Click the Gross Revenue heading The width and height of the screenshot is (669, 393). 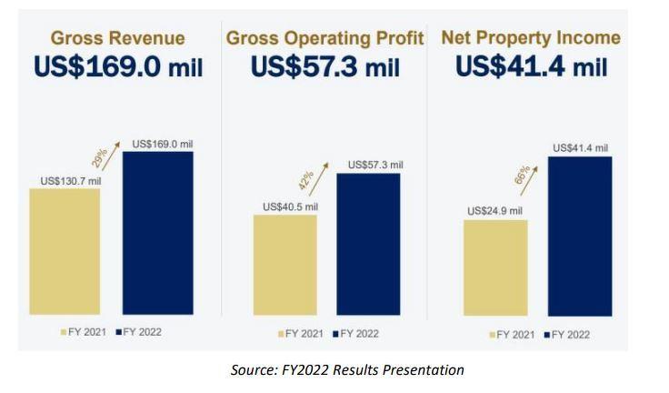[x=117, y=38]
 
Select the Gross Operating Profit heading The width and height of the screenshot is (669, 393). [x=325, y=38]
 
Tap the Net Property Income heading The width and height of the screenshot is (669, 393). [x=531, y=38]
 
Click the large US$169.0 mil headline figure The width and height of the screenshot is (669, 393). [x=118, y=67]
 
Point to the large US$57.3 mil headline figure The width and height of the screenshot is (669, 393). [x=325, y=67]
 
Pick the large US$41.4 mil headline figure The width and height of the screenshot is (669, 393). [x=531, y=67]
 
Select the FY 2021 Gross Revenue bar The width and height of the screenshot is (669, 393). [x=65, y=251]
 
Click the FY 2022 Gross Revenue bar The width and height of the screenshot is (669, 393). [x=157, y=233]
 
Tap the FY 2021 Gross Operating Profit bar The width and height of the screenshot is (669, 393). [x=285, y=265]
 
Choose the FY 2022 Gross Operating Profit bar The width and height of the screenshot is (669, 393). [x=368, y=244]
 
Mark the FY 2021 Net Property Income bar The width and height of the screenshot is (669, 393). [x=495, y=267]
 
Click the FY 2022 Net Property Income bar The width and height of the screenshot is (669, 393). [x=580, y=237]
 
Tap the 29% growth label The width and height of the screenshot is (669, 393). [x=101, y=156]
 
